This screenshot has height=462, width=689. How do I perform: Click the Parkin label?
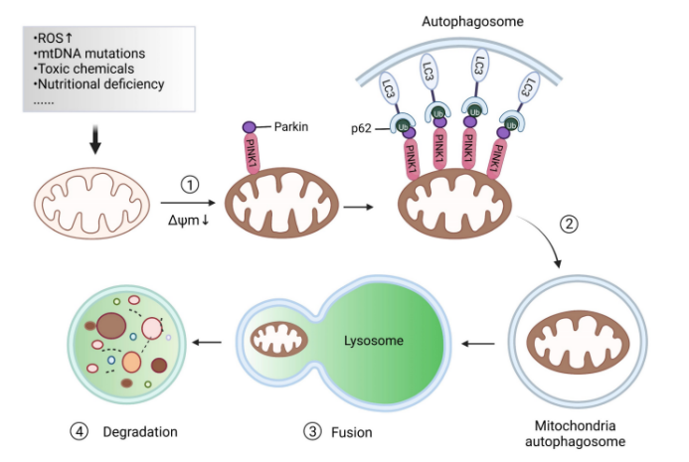291,127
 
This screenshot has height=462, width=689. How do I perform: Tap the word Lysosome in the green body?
374,341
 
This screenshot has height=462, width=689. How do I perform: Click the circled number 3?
314,432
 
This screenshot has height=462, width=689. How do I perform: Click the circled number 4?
79,432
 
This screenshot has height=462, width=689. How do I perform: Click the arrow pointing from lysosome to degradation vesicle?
208,343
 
